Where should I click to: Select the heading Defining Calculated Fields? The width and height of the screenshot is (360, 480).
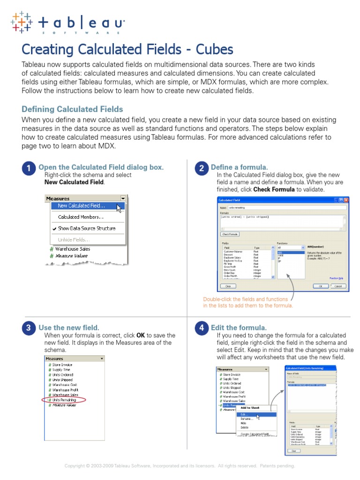coord(72,109)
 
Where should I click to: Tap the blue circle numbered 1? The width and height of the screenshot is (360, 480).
coord(29,169)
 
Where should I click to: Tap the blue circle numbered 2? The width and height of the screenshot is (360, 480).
coord(201,169)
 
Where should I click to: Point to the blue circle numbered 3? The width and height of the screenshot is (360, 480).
coord(29,329)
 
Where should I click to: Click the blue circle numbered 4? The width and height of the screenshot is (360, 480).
coord(201,329)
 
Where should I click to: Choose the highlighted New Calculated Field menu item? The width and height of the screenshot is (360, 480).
coord(81,206)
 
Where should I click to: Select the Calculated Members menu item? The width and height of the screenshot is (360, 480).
coord(81,217)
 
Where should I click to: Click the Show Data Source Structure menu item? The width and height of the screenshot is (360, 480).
coord(86,228)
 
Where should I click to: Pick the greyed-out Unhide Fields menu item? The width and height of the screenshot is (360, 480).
coord(74,240)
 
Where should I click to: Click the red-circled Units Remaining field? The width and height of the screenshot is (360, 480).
coord(64,400)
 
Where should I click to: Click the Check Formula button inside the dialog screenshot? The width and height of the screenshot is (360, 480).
coord(230,234)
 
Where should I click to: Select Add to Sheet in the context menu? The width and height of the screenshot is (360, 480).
coord(250,408)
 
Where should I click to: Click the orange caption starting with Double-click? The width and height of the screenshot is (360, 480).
coord(247,302)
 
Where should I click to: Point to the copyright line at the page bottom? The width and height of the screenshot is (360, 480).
coord(180,466)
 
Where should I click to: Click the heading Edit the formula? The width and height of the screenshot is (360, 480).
coord(239,328)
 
